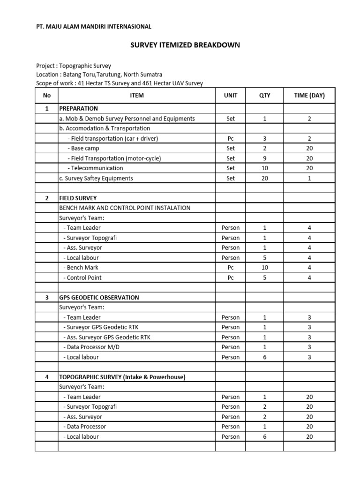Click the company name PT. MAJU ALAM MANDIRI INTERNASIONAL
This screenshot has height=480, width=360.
(94, 27)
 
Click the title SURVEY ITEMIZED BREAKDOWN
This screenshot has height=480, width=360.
(185, 45)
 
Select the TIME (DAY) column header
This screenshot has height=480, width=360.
(309, 96)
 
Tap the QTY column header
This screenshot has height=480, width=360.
(265, 96)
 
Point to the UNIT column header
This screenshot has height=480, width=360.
(231, 96)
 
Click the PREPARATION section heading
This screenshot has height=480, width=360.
(78, 108)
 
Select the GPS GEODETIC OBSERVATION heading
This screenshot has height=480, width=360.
(99, 298)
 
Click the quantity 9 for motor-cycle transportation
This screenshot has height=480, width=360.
(265, 158)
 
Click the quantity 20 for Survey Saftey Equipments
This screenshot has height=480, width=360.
(265, 178)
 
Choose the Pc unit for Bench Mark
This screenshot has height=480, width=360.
(231, 268)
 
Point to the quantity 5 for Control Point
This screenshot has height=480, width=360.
(265, 277)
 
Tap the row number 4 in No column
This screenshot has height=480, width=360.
(46, 377)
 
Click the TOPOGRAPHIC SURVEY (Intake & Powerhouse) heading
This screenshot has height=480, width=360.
(122, 377)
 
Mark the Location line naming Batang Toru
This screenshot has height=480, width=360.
(99, 75)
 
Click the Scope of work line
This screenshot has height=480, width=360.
(119, 83)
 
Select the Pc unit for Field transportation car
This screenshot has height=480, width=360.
(231, 139)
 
